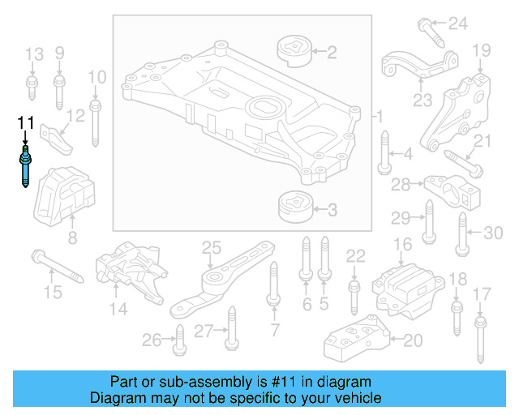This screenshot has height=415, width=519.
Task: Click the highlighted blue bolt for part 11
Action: (x=26, y=167)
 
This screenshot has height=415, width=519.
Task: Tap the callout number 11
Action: (x=26, y=123)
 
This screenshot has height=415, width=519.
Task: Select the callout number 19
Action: (x=482, y=50)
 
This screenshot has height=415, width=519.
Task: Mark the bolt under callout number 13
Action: (x=32, y=88)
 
